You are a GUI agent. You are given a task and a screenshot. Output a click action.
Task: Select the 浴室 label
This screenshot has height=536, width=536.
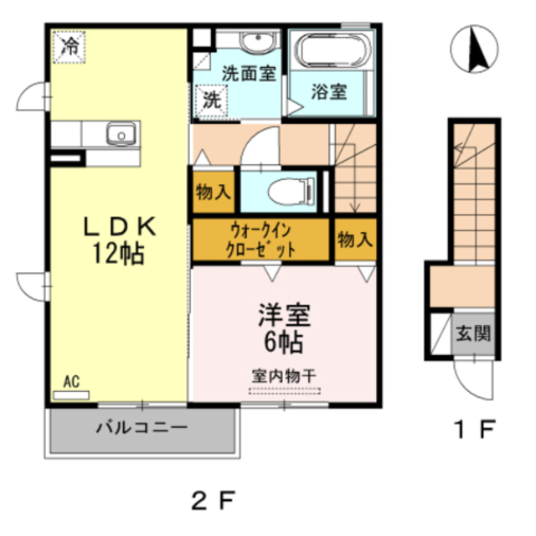[x=330, y=91]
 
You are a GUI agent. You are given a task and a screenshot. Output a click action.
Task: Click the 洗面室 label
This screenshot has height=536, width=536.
[x=248, y=74]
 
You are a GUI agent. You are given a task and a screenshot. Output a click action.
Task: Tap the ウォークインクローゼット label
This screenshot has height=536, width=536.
[x=261, y=240]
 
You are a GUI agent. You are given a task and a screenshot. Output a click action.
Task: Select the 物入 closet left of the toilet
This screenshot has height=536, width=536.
[x=213, y=192]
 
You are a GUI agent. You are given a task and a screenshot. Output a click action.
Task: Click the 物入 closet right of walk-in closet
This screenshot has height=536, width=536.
[x=355, y=240]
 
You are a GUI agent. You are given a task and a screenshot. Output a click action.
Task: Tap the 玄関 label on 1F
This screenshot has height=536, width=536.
[x=473, y=332]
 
